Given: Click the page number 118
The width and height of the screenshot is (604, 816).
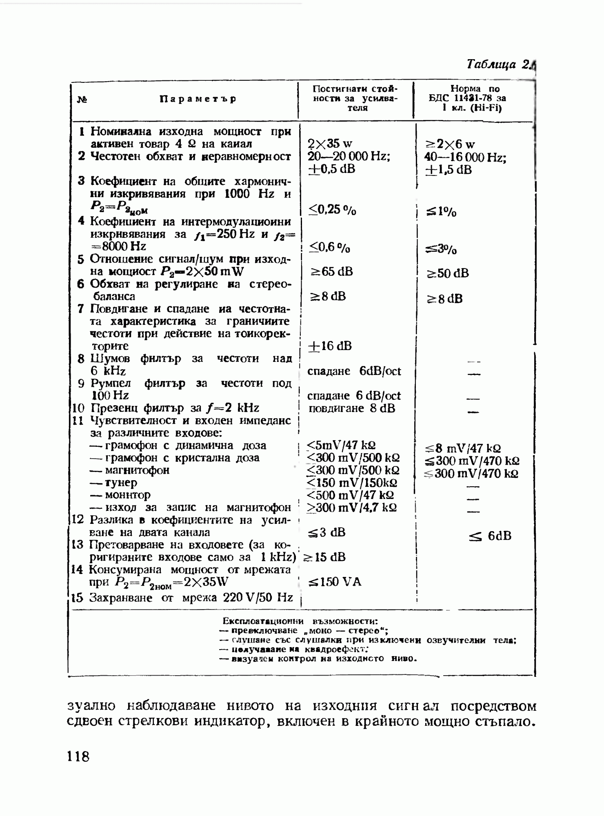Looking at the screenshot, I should (x=78, y=756).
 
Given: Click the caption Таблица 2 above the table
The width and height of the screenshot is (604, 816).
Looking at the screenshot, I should (x=499, y=64).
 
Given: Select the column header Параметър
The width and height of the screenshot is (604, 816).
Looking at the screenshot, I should (x=198, y=99).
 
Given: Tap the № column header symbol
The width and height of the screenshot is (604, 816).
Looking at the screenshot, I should (x=82, y=99).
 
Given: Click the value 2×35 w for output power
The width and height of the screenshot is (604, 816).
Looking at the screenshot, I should (x=330, y=144).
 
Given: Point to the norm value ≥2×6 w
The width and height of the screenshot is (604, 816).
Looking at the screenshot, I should (x=450, y=144).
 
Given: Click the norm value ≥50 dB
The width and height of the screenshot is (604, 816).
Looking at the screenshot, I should (x=448, y=273).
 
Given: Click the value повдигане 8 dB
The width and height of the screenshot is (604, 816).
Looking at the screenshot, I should (x=351, y=408).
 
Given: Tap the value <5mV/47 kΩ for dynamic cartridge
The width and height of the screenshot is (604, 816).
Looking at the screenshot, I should (x=341, y=445).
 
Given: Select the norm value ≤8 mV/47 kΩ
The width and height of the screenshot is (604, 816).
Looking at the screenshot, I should (x=462, y=448).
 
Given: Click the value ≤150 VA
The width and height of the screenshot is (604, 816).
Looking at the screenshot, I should (x=335, y=582).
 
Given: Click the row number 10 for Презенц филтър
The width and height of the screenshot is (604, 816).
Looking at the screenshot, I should (x=78, y=408).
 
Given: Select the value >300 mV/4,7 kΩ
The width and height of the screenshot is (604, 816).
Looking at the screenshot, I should (x=351, y=508).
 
